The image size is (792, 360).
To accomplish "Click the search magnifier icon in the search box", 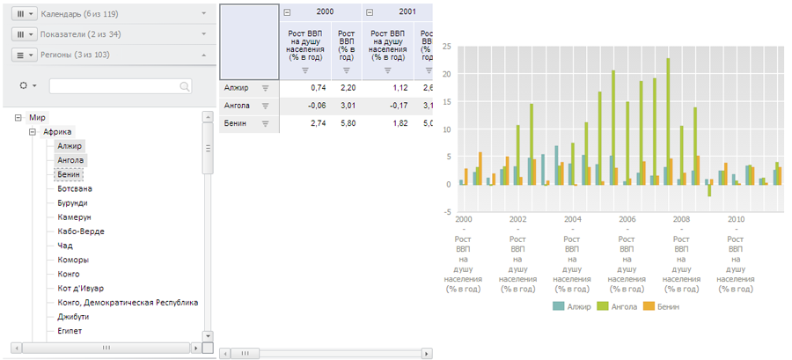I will pos(185,86).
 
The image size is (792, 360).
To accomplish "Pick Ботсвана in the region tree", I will pos(75,188).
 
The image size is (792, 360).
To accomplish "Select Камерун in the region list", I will pos(74,217).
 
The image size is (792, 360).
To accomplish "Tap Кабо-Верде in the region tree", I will pos(81,231).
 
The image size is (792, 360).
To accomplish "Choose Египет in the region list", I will pos(71,331).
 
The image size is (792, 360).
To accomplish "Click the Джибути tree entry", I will pos(73,317).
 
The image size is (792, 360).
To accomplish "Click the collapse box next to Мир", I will pos(18,117).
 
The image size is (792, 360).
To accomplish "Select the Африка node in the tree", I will pos(57,131).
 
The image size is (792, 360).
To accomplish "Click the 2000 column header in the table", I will pos(323,11).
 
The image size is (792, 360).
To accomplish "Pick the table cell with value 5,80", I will pos(348,124).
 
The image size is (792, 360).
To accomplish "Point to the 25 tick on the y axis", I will pos(447,46).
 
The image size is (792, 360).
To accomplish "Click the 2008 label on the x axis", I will pos(681,218).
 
